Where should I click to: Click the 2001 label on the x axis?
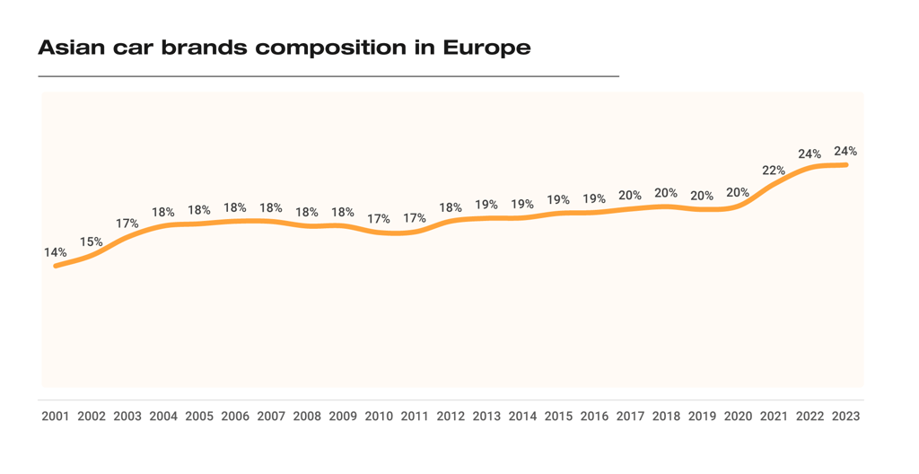pyautogui.click(x=56, y=417)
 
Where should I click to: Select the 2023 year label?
pyautogui.click(x=845, y=417)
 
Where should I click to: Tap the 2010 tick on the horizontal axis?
pyautogui.click(x=379, y=417)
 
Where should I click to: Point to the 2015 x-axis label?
pyautogui.click(x=558, y=417)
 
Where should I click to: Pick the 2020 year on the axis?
pyautogui.click(x=738, y=417)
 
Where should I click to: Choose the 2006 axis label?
pyautogui.click(x=235, y=417)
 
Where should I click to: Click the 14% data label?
pyautogui.click(x=56, y=253)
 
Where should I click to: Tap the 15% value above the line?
pyautogui.click(x=92, y=242)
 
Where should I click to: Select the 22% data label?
pyautogui.click(x=774, y=171)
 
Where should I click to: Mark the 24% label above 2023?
pyautogui.click(x=845, y=152)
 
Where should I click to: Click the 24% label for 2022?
pyautogui.click(x=810, y=154)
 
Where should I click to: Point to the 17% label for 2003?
pyautogui.click(x=127, y=224)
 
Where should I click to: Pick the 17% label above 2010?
pyautogui.click(x=379, y=219)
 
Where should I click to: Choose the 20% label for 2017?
pyautogui.click(x=630, y=196)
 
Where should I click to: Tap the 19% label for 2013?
pyautogui.click(x=486, y=205)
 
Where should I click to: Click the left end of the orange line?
pyautogui.click(x=56, y=266)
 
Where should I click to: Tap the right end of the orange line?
pyautogui.click(x=845, y=164)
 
